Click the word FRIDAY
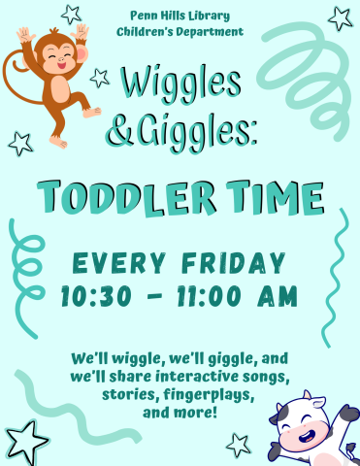tap(233, 263)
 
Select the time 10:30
tap(98, 296)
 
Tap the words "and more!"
tap(180, 414)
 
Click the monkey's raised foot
tap(91, 112)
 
